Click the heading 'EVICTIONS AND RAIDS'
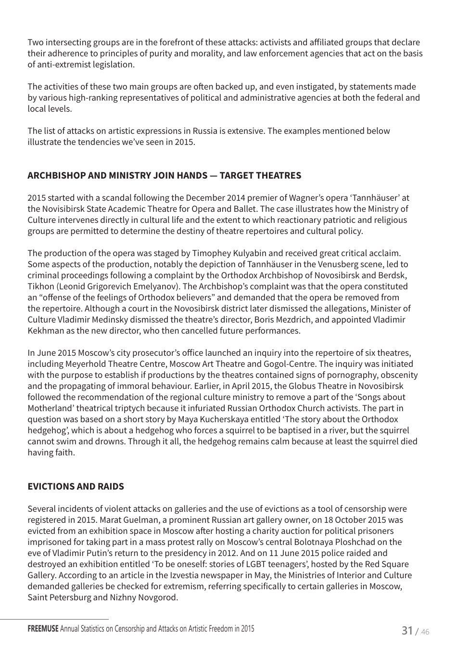[76, 486]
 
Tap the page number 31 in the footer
[407, 631]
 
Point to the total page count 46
[425, 632]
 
